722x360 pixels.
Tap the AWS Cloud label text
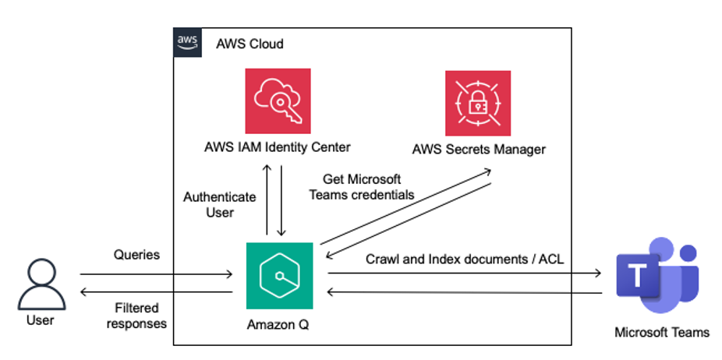pos(250,44)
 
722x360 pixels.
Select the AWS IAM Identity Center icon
pos(278,101)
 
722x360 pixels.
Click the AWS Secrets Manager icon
pos(478,104)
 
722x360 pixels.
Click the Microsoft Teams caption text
pos(661,332)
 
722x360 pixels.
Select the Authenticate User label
pos(219,204)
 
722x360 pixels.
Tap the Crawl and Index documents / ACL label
pos(465,259)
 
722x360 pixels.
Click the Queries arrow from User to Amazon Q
pos(156,274)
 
